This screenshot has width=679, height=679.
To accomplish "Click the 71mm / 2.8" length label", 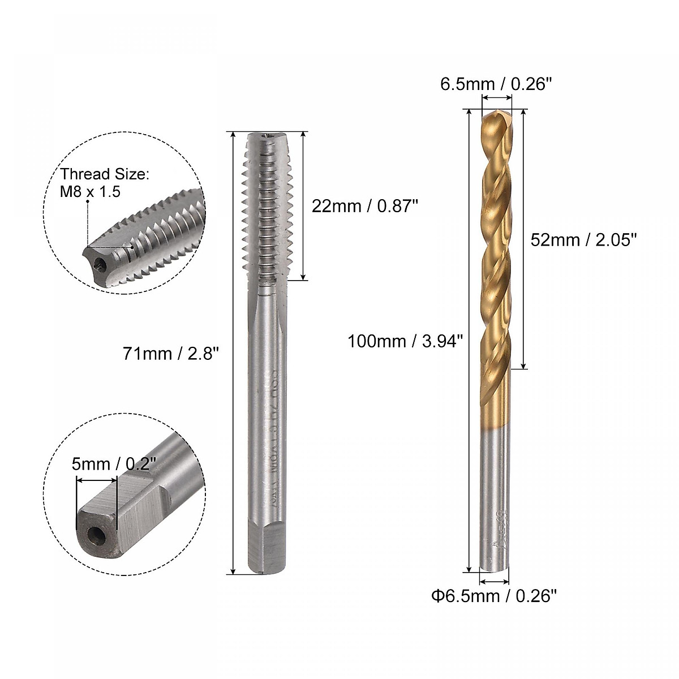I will pos(170,354).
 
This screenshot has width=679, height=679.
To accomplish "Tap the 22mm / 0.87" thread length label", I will pos(364,206).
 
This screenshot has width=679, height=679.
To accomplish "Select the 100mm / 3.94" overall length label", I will pos(406,341).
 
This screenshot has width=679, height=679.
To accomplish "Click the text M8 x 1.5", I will pos(91,192).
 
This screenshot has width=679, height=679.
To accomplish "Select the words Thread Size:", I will pos(105,174).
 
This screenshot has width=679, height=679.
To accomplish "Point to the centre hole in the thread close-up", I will pos(100,264).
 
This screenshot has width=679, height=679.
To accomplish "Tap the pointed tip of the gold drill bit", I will pos(496,113).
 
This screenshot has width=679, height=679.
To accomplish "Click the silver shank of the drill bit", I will pos(495,498).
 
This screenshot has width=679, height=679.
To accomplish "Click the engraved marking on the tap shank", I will pos(270,441).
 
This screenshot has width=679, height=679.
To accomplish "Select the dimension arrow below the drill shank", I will pos(494,581).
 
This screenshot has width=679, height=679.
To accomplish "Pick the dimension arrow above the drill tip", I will pos(496,97).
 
